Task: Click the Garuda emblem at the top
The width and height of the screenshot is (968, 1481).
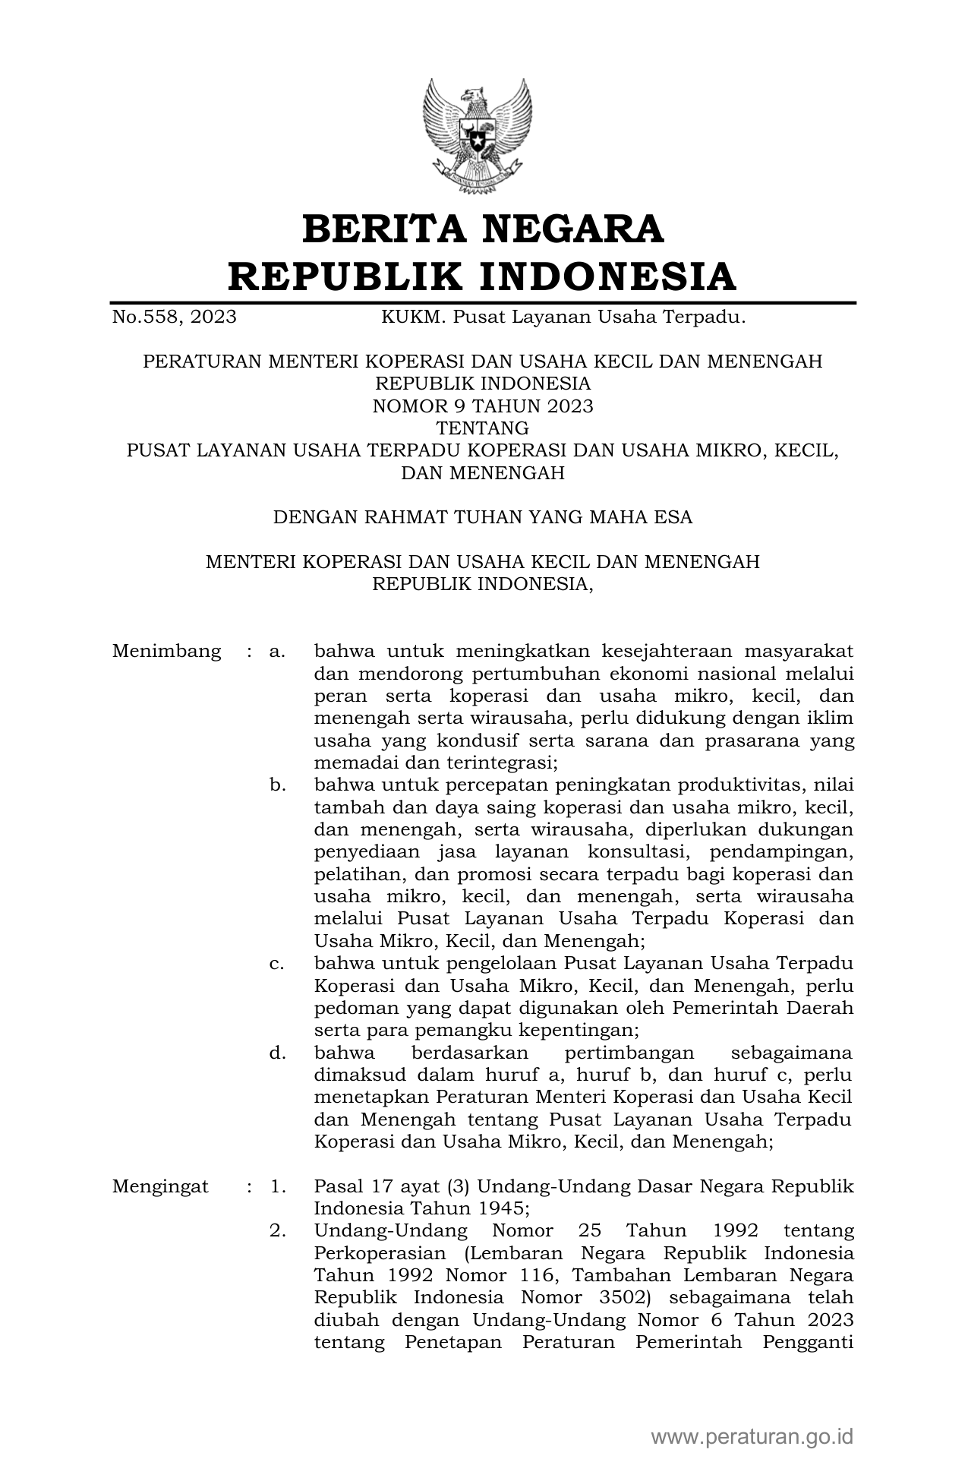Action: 477,135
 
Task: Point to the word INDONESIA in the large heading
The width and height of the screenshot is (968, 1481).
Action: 608,276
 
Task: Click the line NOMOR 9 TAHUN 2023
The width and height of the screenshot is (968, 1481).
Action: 483,406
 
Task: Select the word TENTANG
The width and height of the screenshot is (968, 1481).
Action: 483,428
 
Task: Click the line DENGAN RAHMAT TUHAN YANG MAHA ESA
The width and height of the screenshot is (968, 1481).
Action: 483,518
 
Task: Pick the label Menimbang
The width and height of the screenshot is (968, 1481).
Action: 166,652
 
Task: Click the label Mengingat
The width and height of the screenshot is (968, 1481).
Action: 160,1186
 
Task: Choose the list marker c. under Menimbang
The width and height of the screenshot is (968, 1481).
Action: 277,964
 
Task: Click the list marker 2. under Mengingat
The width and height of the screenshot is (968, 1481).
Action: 278,1231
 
